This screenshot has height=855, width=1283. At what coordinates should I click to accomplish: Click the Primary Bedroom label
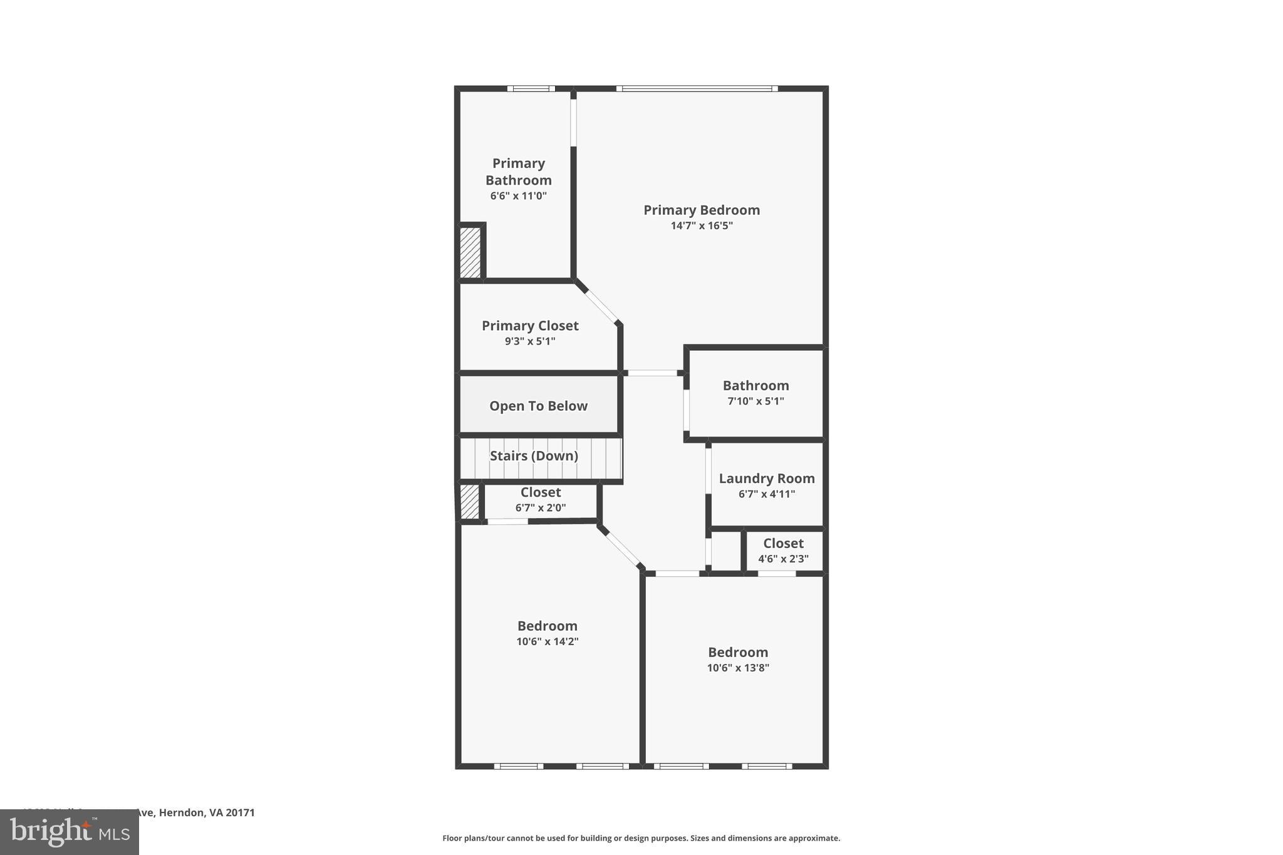pos(701,210)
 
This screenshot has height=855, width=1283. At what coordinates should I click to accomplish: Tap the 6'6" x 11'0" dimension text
pos(518,196)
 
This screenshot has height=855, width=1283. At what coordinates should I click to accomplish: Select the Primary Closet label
pos(530,326)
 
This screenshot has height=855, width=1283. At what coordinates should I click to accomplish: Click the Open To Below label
pos(538,406)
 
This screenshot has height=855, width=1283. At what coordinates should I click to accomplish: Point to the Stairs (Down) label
pos(534,456)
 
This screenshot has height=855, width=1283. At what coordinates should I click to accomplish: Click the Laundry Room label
pos(766,479)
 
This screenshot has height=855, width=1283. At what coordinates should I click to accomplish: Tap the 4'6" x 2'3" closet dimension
pos(783,559)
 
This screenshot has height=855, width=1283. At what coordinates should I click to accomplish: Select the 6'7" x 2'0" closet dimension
pos(540,508)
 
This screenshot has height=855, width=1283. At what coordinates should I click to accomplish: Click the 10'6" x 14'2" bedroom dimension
pos(547,641)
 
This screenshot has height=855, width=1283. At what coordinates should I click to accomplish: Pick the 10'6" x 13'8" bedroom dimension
pos(738,668)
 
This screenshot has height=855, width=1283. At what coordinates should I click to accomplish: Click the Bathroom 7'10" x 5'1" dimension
pos(756,402)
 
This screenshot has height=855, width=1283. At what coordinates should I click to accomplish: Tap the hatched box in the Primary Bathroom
pos(470,252)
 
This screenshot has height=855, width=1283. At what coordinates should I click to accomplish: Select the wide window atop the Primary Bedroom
pos(697,89)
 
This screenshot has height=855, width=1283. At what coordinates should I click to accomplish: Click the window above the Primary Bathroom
pos(531,89)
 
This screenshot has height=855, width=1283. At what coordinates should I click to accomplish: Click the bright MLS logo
pos(69,832)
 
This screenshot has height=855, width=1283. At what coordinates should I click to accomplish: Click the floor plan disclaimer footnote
pos(641,838)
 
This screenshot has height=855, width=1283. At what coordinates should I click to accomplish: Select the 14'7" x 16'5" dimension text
pos(701,226)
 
